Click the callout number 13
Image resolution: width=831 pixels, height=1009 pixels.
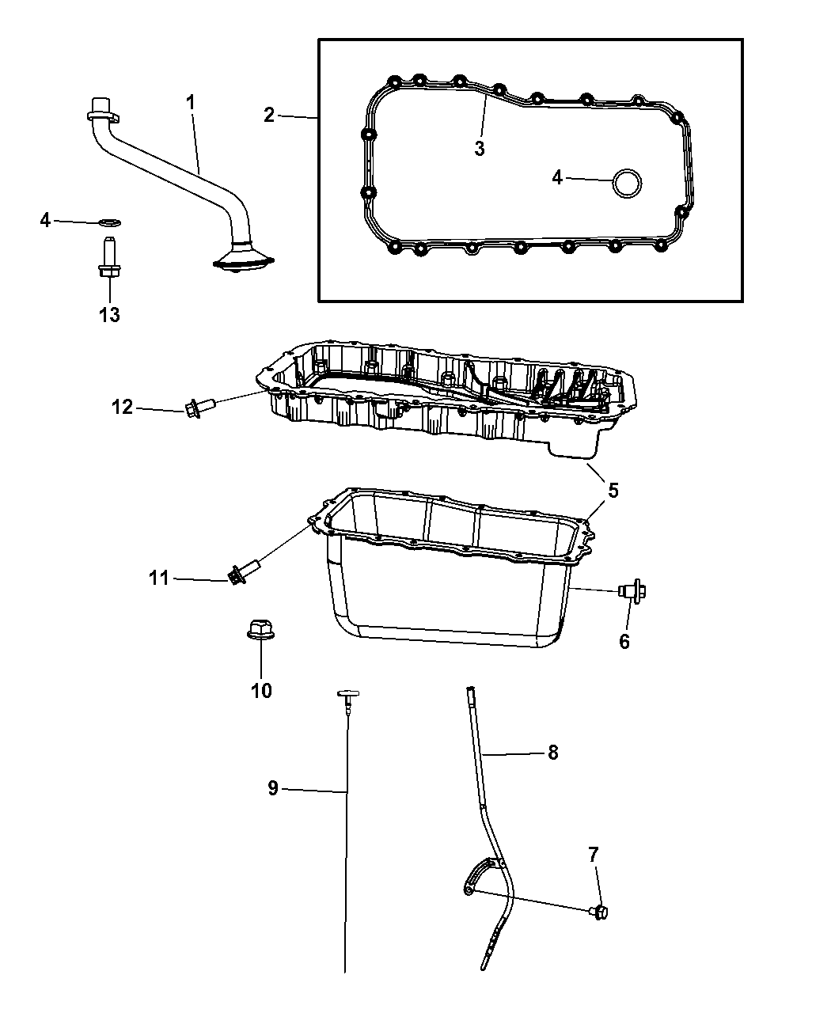(x=109, y=315)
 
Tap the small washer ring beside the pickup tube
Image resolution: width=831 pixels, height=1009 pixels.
(x=110, y=222)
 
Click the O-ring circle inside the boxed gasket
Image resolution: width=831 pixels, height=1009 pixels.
(x=627, y=184)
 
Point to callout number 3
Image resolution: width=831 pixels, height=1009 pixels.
(x=479, y=149)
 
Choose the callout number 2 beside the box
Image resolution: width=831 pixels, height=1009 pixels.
(x=269, y=115)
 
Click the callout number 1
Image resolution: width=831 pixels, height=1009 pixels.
(x=191, y=102)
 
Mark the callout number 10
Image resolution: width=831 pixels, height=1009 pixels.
(x=261, y=691)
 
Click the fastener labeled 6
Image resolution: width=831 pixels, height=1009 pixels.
(x=632, y=590)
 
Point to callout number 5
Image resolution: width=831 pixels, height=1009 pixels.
(x=613, y=491)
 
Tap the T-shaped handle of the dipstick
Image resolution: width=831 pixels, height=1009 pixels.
(x=348, y=693)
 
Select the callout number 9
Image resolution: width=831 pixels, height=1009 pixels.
(x=273, y=788)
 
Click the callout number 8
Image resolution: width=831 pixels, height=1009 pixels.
(x=553, y=753)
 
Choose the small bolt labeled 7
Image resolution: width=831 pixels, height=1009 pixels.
(x=599, y=912)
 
